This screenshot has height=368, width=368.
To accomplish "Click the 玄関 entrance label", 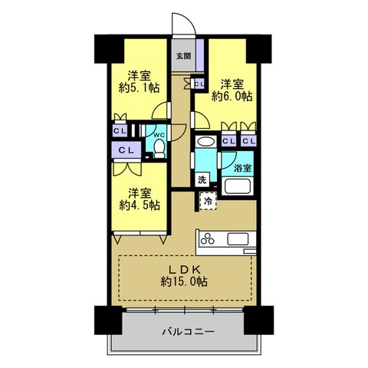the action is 184,56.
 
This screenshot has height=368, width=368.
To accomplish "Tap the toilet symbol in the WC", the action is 159,149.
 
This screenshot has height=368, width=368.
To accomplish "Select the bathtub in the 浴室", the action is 237,186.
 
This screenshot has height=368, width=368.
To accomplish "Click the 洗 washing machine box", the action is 202,180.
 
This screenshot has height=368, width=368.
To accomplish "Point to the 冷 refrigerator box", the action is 208,201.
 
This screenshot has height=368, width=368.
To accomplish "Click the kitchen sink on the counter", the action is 238,239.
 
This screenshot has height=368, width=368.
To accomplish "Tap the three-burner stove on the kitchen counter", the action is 208,239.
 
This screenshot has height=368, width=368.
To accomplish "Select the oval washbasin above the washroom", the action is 205,142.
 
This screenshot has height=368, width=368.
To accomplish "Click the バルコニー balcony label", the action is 189,332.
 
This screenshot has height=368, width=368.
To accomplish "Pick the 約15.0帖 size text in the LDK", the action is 184,281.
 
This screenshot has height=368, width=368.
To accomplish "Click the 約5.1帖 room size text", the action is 140,87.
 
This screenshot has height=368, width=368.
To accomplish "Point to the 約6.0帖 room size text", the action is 232,97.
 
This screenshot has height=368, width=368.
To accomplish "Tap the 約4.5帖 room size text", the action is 140,205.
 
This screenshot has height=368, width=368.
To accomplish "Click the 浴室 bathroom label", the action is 243,168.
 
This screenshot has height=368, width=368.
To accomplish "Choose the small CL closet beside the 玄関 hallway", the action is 199,84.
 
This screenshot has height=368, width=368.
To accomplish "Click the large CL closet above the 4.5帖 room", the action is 127,150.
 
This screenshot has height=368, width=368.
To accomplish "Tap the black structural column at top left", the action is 109,49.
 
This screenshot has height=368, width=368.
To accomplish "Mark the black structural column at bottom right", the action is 258,320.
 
